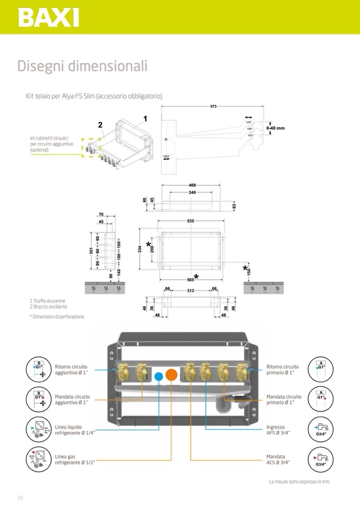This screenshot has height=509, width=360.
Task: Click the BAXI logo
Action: click(48, 17)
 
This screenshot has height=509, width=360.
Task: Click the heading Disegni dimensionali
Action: click(82, 66)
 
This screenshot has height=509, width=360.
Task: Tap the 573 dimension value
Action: click(213, 107)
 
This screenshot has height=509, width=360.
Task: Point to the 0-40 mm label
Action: click(276, 128)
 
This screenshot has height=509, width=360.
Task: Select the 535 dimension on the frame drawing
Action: click(191, 221)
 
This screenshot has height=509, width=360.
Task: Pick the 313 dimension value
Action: click(190, 290)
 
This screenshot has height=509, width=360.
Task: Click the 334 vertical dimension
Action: click(140, 248)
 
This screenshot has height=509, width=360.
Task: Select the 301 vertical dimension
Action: click(91, 251)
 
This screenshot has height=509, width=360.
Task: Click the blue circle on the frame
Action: click(158, 376)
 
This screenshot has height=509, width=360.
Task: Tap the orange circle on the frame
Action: click(171, 374)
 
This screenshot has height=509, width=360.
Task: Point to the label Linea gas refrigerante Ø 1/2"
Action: click(75, 460)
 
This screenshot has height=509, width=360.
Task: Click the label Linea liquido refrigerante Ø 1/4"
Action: click(75, 430)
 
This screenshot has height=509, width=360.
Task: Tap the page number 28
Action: click(20, 497)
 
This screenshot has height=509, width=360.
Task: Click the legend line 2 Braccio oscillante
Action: click(48, 307)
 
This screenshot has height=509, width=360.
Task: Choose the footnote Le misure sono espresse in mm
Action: click(299, 482)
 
